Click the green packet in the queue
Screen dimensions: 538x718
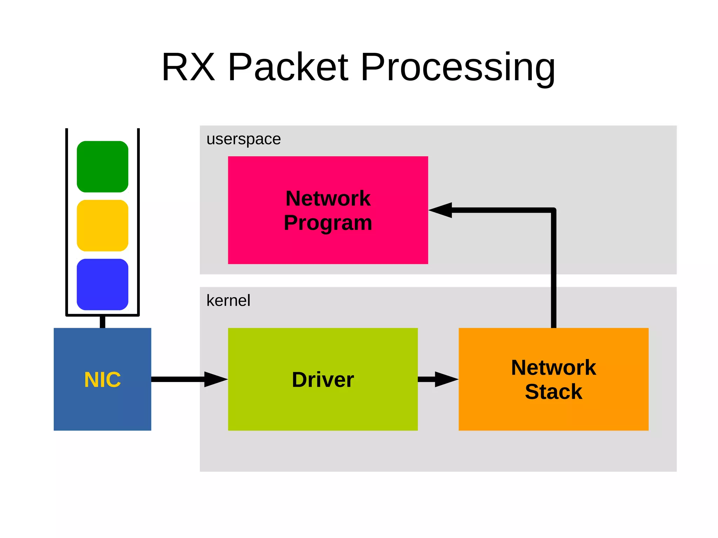102,166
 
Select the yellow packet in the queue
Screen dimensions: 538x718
102,225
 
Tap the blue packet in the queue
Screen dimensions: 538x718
102,284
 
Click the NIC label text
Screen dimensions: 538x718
102,380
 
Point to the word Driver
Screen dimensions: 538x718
323,380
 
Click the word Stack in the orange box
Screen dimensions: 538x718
554,391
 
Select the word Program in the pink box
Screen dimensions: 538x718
328,223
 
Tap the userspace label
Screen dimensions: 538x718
244,139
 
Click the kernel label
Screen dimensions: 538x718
228,300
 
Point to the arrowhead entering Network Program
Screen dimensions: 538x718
441,210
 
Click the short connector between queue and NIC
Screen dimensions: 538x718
102,322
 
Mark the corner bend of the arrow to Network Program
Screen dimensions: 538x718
553,211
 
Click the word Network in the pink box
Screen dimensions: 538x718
328,198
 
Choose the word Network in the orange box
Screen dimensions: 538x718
554,367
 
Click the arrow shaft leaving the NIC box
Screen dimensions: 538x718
177,379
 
